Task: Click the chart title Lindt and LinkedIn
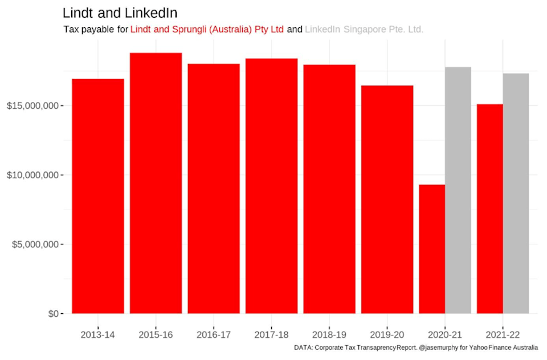coord(120,13)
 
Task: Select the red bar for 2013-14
coord(98,197)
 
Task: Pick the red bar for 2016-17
coord(214,189)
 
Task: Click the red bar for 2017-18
coord(271,186)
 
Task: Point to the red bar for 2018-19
coord(329,189)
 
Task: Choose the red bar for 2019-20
coord(387,199)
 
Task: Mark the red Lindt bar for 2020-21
coord(432,249)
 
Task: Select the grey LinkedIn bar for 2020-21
coord(458,190)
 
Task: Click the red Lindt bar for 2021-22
coord(489,208)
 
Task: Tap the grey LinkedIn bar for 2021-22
coord(516,193)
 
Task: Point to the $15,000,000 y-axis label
coord(34,106)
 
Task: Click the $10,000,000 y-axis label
coord(34,175)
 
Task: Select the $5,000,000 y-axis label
coord(36,244)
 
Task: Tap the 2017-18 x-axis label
coord(271,334)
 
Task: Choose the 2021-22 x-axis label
coord(503,334)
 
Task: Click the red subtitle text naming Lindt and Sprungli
coord(207,29)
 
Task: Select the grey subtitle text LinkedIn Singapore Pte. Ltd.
coord(364,29)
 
